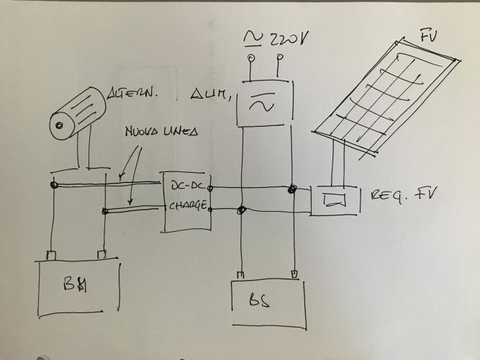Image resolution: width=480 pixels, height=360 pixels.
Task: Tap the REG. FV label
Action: tap(405, 197)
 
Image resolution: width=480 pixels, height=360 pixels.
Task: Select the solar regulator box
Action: tap(332, 199)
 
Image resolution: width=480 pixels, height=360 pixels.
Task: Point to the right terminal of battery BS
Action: tap(294, 274)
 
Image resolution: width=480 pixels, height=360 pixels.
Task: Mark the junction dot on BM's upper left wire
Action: tap(54, 185)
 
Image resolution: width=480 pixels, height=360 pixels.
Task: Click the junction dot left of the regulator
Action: tap(291, 190)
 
